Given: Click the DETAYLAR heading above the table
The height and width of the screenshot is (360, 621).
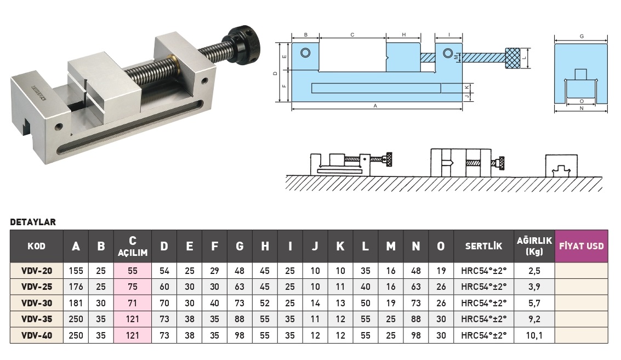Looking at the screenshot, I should [x=33, y=222].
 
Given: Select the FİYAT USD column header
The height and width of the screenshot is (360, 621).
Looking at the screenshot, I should [x=581, y=246].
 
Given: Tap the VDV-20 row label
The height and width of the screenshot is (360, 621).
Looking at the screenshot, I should [x=37, y=271].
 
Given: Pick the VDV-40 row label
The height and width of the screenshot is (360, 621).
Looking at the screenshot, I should [x=37, y=335].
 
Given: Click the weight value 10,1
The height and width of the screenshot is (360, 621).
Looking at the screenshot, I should [x=534, y=335].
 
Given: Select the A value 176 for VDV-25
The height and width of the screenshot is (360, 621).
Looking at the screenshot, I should [x=76, y=287].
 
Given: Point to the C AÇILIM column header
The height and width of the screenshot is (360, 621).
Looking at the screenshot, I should [x=132, y=246].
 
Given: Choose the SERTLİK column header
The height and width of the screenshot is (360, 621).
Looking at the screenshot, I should [x=483, y=246].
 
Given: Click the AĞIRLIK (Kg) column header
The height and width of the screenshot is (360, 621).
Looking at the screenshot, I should [x=534, y=246].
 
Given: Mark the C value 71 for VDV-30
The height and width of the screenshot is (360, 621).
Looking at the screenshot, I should [x=132, y=302].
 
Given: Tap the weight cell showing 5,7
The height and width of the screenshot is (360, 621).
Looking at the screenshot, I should [x=534, y=302].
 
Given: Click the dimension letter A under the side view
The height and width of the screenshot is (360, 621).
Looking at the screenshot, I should [x=376, y=106].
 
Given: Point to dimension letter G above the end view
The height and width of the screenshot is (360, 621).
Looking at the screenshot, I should [x=581, y=36].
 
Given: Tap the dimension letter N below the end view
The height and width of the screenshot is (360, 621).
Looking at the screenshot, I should [x=581, y=109].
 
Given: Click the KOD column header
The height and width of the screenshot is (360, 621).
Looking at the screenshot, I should [x=37, y=246].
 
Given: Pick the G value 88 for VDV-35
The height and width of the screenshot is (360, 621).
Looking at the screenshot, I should [x=240, y=319].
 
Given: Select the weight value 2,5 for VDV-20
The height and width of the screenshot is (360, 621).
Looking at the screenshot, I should [x=534, y=271].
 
